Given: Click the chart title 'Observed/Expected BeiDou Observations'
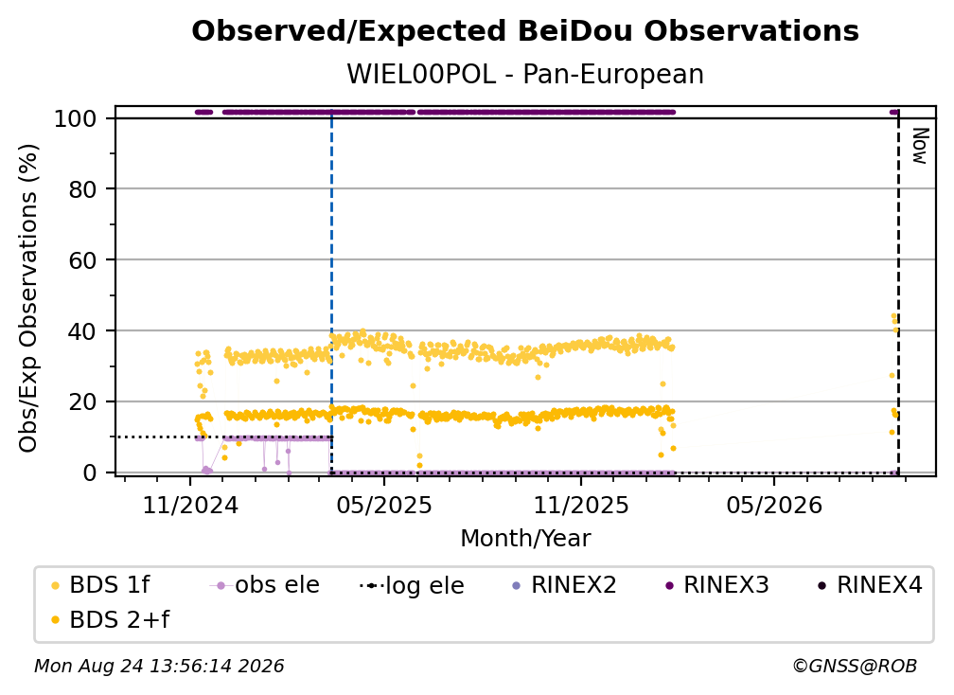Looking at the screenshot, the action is [x=525, y=31].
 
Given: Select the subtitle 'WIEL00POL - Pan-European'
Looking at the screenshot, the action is [x=525, y=75].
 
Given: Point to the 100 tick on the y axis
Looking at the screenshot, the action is [x=75, y=118].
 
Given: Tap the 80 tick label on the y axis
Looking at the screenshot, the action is [x=82, y=189].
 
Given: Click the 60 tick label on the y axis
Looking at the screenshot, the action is [x=82, y=260].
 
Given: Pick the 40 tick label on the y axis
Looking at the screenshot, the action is [x=82, y=331].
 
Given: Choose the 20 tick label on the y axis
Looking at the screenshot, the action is [x=82, y=402].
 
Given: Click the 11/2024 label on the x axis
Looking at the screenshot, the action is [x=190, y=505].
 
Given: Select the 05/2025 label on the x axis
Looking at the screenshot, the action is [x=384, y=505].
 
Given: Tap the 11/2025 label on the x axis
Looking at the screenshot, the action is [x=581, y=505].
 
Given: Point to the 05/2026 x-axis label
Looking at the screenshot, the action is [x=774, y=505].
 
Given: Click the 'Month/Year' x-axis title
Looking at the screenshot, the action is [x=525, y=539].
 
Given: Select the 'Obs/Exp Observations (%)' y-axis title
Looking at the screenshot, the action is [x=28, y=298].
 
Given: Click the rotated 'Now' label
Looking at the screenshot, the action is [x=920, y=146].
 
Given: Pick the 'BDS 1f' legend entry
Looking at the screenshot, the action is [x=101, y=585].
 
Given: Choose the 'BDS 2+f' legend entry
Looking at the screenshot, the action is [x=111, y=620].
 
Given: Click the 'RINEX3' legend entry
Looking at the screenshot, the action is [x=716, y=585].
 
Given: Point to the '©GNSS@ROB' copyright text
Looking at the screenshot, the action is [x=855, y=667].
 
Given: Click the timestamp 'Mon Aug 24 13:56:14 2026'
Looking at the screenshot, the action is [x=159, y=667].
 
